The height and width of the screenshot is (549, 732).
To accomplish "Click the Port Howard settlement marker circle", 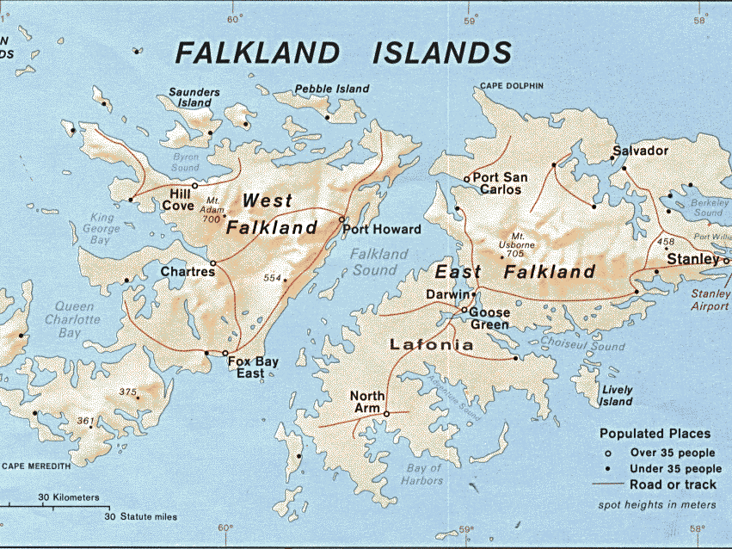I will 342,219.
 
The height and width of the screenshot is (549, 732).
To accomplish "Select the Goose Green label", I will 489,318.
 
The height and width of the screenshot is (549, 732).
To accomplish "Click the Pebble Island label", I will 332,89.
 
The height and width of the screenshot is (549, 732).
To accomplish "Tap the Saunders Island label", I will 194,97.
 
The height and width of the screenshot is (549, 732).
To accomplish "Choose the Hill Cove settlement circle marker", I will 195,185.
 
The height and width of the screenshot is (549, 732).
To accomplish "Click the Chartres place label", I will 187,272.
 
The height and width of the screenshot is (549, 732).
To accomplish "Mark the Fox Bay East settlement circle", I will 225,354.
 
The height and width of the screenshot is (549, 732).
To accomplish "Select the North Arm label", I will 367,402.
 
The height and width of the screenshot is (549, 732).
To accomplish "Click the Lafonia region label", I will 431,345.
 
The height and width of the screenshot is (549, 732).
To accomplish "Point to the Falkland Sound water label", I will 378,262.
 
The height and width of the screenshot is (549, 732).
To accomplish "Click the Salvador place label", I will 639,151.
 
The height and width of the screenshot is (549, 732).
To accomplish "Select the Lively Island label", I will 617,396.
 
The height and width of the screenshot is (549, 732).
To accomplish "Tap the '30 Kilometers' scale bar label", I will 69,497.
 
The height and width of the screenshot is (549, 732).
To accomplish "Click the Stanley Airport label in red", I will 710,299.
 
